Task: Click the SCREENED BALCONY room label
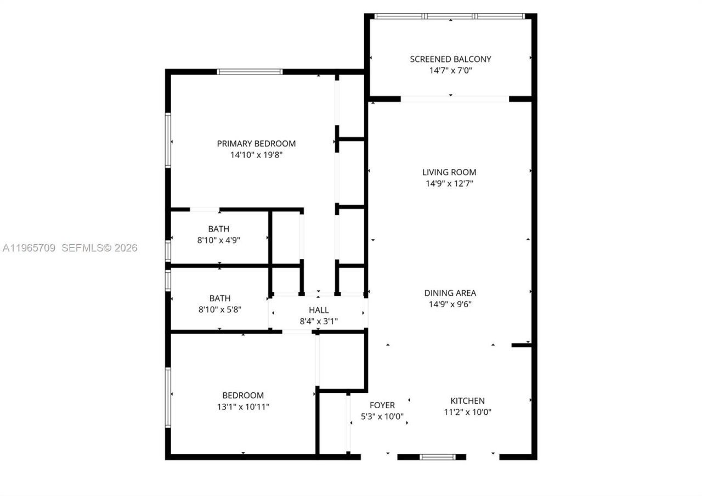tap(450, 59)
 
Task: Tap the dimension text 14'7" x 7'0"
tap(450, 70)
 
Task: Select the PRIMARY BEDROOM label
tap(256, 144)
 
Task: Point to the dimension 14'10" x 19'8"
tap(256, 155)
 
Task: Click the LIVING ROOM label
tap(449, 172)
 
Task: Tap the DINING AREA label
tap(450, 293)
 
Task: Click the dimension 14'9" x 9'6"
tap(450, 305)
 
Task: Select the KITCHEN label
tap(467, 401)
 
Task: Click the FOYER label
tap(382, 405)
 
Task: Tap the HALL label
tap(319, 311)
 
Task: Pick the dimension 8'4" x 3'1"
tap(319, 322)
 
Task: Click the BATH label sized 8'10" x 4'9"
tap(218, 229)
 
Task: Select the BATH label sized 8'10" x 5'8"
tap(219, 298)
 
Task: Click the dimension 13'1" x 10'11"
tap(242, 407)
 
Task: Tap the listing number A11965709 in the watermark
tap(29, 248)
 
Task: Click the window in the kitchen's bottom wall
tap(437, 456)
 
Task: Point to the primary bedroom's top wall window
tap(250, 72)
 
